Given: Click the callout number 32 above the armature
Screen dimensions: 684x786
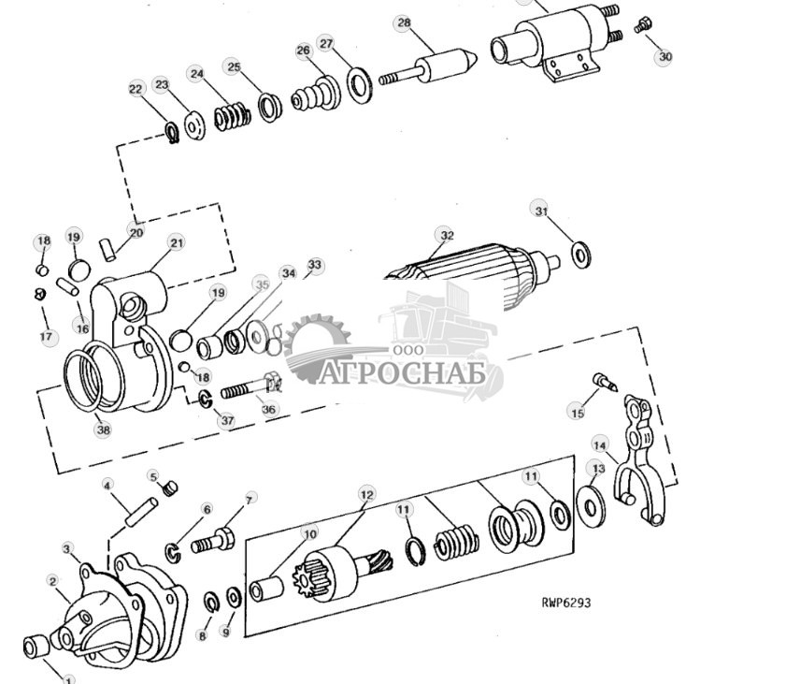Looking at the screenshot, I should click(x=447, y=236).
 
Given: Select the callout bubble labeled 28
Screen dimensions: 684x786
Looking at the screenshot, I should click(x=403, y=23).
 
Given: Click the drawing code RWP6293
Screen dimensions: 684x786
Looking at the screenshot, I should click(x=565, y=603).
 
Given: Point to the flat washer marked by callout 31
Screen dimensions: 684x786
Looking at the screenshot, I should click(x=579, y=254).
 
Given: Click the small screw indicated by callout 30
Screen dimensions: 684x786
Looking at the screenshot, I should click(x=642, y=25).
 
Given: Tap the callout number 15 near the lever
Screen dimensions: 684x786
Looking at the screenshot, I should click(x=578, y=413).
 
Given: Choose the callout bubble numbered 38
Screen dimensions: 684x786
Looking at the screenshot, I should click(x=102, y=429).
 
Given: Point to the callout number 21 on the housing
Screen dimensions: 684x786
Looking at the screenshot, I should click(x=177, y=243).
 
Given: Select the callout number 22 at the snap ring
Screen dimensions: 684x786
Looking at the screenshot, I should click(x=136, y=89).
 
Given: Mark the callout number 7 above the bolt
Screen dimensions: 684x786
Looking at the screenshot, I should click(x=249, y=500).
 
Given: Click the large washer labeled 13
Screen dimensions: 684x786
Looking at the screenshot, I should click(x=591, y=505).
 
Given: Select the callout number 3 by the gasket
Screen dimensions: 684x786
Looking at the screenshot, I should click(x=66, y=548).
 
